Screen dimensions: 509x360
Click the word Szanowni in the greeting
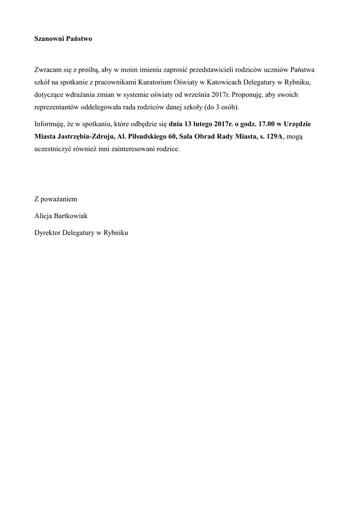(x=49, y=38)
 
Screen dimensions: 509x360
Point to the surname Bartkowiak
(x=74, y=216)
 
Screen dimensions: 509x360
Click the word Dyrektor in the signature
(x=47, y=232)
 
